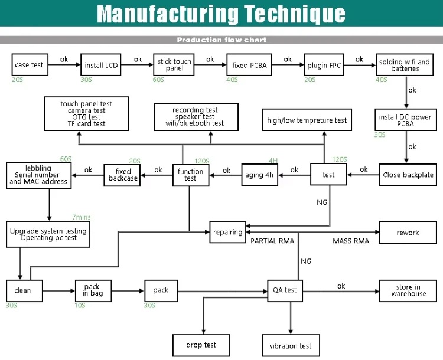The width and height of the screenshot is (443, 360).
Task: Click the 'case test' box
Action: tap(30, 65)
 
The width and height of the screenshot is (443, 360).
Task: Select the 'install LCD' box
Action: tap(101, 65)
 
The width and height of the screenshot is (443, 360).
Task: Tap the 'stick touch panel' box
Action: tap(174, 65)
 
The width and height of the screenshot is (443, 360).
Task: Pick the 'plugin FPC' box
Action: tap(324, 65)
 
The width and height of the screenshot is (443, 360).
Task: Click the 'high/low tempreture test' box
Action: tap(307, 120)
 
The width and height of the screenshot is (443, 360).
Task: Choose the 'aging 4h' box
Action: tap(260, 175)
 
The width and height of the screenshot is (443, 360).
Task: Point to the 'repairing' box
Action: tap(228, 232)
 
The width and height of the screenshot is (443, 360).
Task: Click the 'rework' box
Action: tap(408, 233)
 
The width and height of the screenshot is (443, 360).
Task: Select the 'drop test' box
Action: tap(201, 345)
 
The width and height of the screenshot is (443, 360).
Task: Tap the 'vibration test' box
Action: tap(291, 345)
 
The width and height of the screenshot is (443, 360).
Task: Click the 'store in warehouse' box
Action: tap(408, 291)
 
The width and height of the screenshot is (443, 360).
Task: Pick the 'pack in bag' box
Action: tap(93, 291)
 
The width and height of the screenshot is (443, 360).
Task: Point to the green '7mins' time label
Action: tap(82, 217)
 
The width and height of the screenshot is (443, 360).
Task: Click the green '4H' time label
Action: tap(273, 161)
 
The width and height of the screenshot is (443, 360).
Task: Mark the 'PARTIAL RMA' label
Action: tap(272, 241)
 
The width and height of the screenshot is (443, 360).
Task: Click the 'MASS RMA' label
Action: tap(351, 241)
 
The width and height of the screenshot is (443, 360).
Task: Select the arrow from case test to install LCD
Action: tap(64, 65)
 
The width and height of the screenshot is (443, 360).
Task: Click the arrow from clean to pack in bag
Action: tap(58, 291)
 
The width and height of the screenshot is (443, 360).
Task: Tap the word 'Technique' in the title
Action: tap(295, 14)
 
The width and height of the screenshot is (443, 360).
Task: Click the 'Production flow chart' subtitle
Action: tap(221, 40)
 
